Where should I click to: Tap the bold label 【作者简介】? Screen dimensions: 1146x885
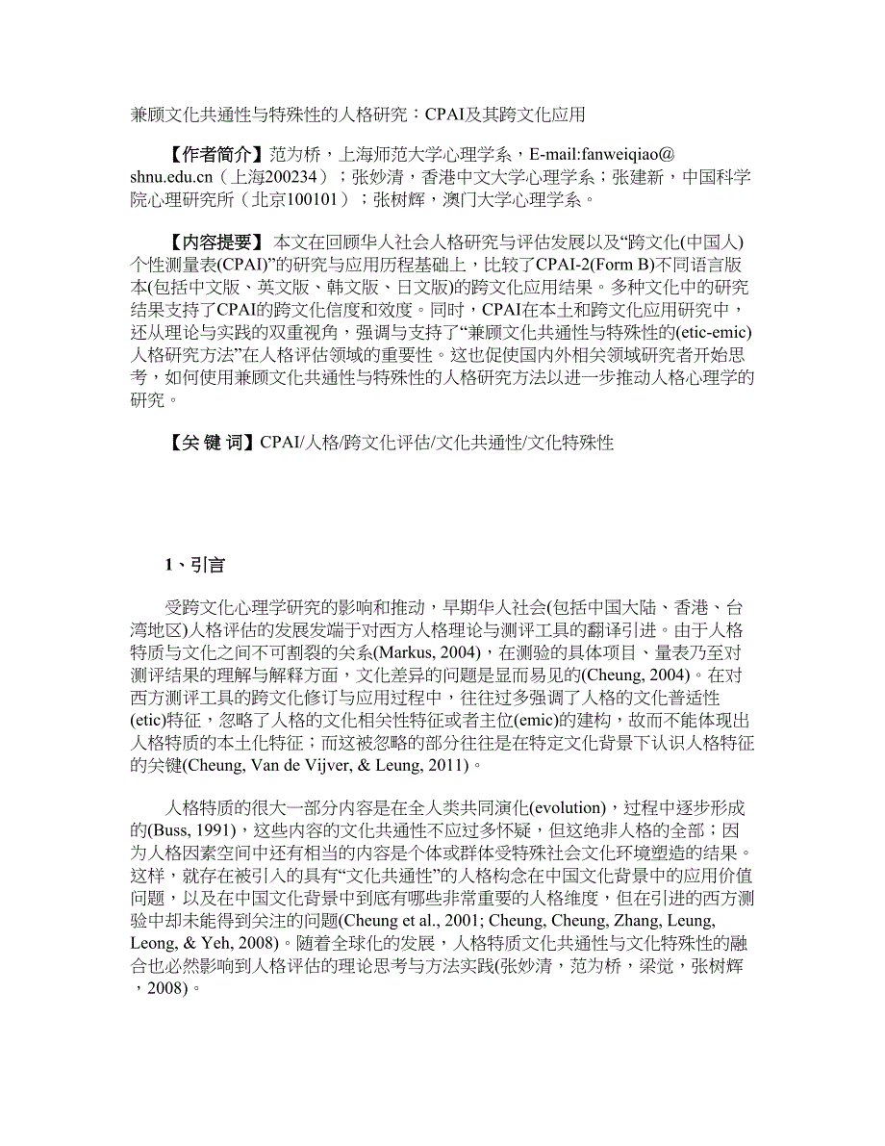pos(212,154)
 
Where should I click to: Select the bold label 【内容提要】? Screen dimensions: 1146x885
pos(212,241)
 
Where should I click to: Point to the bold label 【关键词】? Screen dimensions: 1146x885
pos(208,443)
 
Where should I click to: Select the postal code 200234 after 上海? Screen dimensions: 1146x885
pos(289,177)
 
